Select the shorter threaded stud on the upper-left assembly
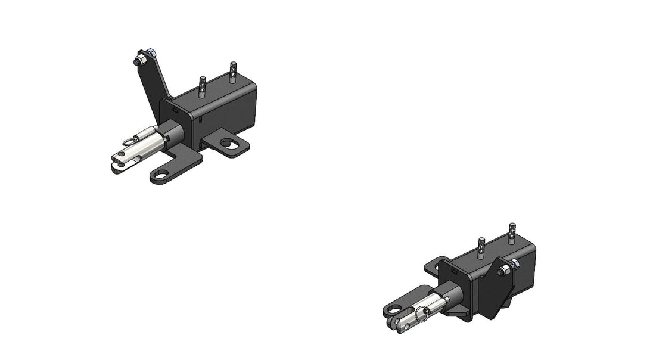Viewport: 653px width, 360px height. coord(203,87)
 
